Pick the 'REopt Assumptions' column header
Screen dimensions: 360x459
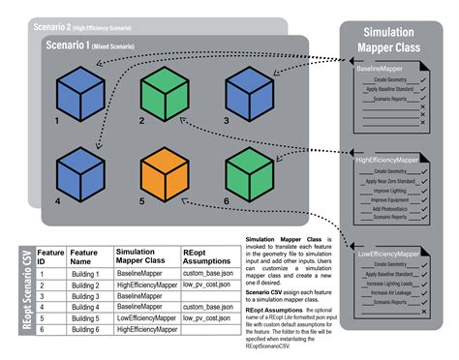tap(206, 256)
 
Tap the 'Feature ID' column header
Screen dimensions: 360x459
tap(49, 256)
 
